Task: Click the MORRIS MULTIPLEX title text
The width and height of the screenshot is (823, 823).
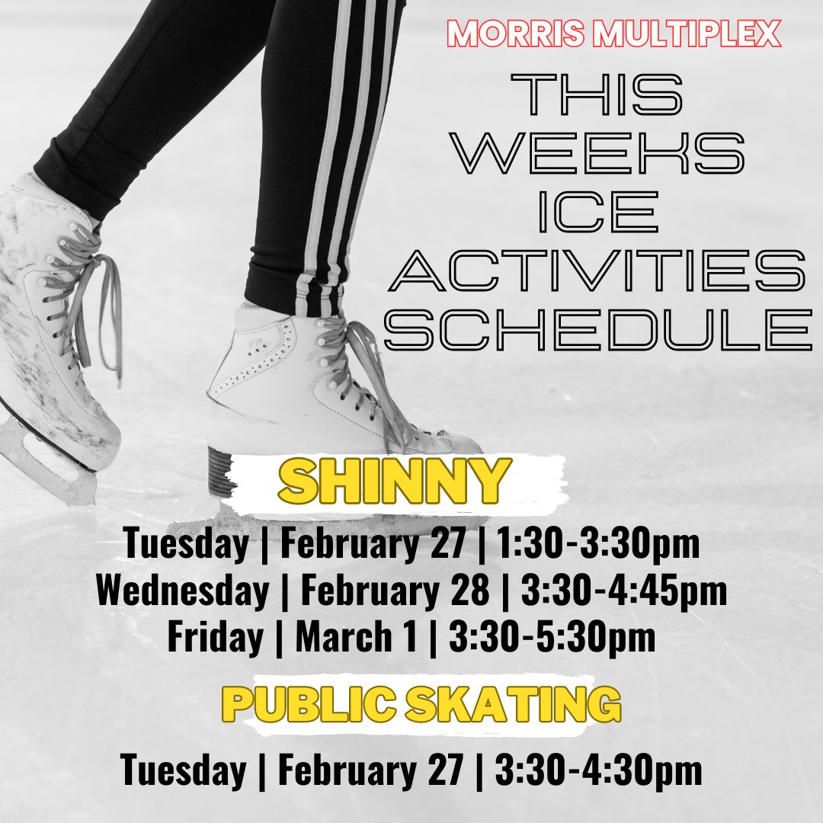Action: (x=614, y=34)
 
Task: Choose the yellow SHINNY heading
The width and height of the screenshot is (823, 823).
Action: (x=393, y=482)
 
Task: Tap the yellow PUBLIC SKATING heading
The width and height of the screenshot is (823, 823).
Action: (x=421, y=706)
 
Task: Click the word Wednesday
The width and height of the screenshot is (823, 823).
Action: (x=183, y=591)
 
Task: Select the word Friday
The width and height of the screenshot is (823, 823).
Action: (x=215, y=637)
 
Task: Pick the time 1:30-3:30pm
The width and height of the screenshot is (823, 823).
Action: (x=597, y=546)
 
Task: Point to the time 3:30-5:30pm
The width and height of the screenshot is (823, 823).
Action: (x=552, y=637)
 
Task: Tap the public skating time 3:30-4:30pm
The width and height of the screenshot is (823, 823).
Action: (x=598, y=771)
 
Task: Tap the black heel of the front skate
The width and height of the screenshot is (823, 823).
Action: (x=221, y=471)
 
